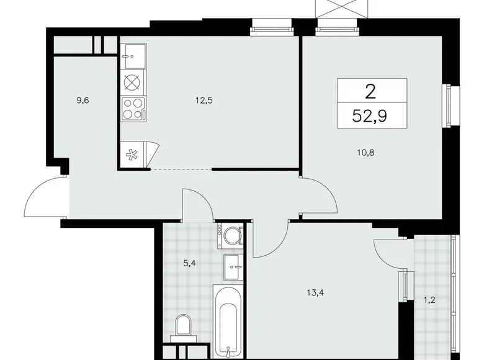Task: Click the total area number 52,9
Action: coord(372,116)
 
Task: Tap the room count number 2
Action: coord(370,92)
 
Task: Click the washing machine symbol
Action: coord(232,236)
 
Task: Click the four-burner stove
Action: coord(133,109)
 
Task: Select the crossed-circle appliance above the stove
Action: coord(132,82)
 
